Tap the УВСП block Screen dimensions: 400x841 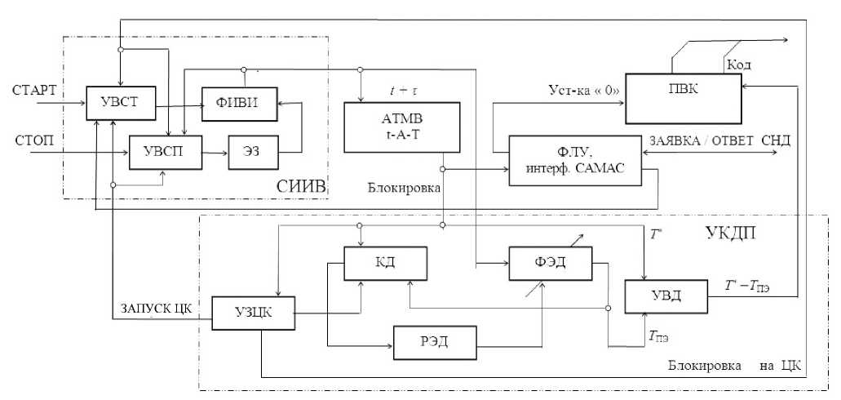point(164,151)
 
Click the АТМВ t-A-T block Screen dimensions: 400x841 point(393,127)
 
